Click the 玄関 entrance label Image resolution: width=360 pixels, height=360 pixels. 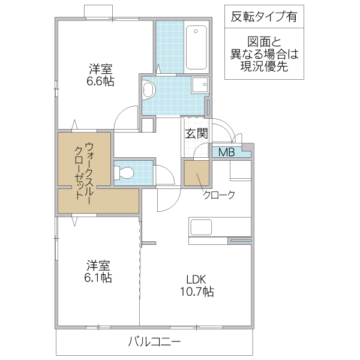pos(196,134)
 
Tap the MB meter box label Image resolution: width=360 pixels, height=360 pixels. pos(226,152)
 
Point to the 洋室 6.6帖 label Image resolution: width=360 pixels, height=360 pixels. pos(100,75)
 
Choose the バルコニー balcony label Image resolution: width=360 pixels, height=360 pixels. pos(154,342)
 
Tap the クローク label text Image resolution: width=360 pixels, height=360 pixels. pos(218,194)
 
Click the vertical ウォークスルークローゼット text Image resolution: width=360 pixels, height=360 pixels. pos(84,170)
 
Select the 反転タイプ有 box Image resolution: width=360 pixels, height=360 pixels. pos(263,17)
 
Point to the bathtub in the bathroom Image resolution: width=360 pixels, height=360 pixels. pos(196,48)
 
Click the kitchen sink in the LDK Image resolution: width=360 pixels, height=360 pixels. pos(200,228)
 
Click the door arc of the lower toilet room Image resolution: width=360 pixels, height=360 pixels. pos(164,174)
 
